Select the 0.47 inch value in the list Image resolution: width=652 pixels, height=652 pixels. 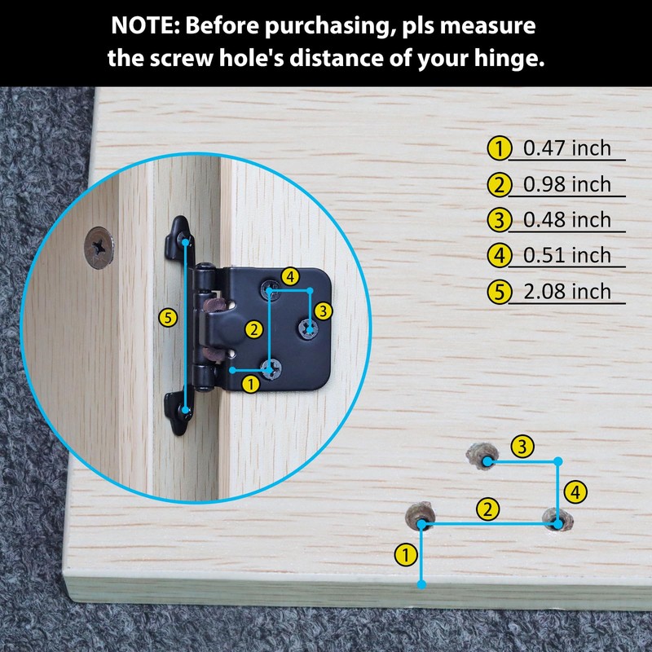coord(567,148)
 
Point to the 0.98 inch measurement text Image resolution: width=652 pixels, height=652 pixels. coord(567,184)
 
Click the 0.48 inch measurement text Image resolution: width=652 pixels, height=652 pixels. coord(567,220)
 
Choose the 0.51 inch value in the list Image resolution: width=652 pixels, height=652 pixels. coord(567,256)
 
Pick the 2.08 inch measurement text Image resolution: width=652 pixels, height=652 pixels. coord(567,292)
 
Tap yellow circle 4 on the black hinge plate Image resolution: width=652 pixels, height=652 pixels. coord(289,276)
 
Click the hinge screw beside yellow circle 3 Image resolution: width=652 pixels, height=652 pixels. coord(309,328)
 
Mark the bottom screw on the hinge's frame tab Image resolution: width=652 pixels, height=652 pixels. coord(186,412)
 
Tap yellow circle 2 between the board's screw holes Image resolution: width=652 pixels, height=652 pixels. coord(487,510)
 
